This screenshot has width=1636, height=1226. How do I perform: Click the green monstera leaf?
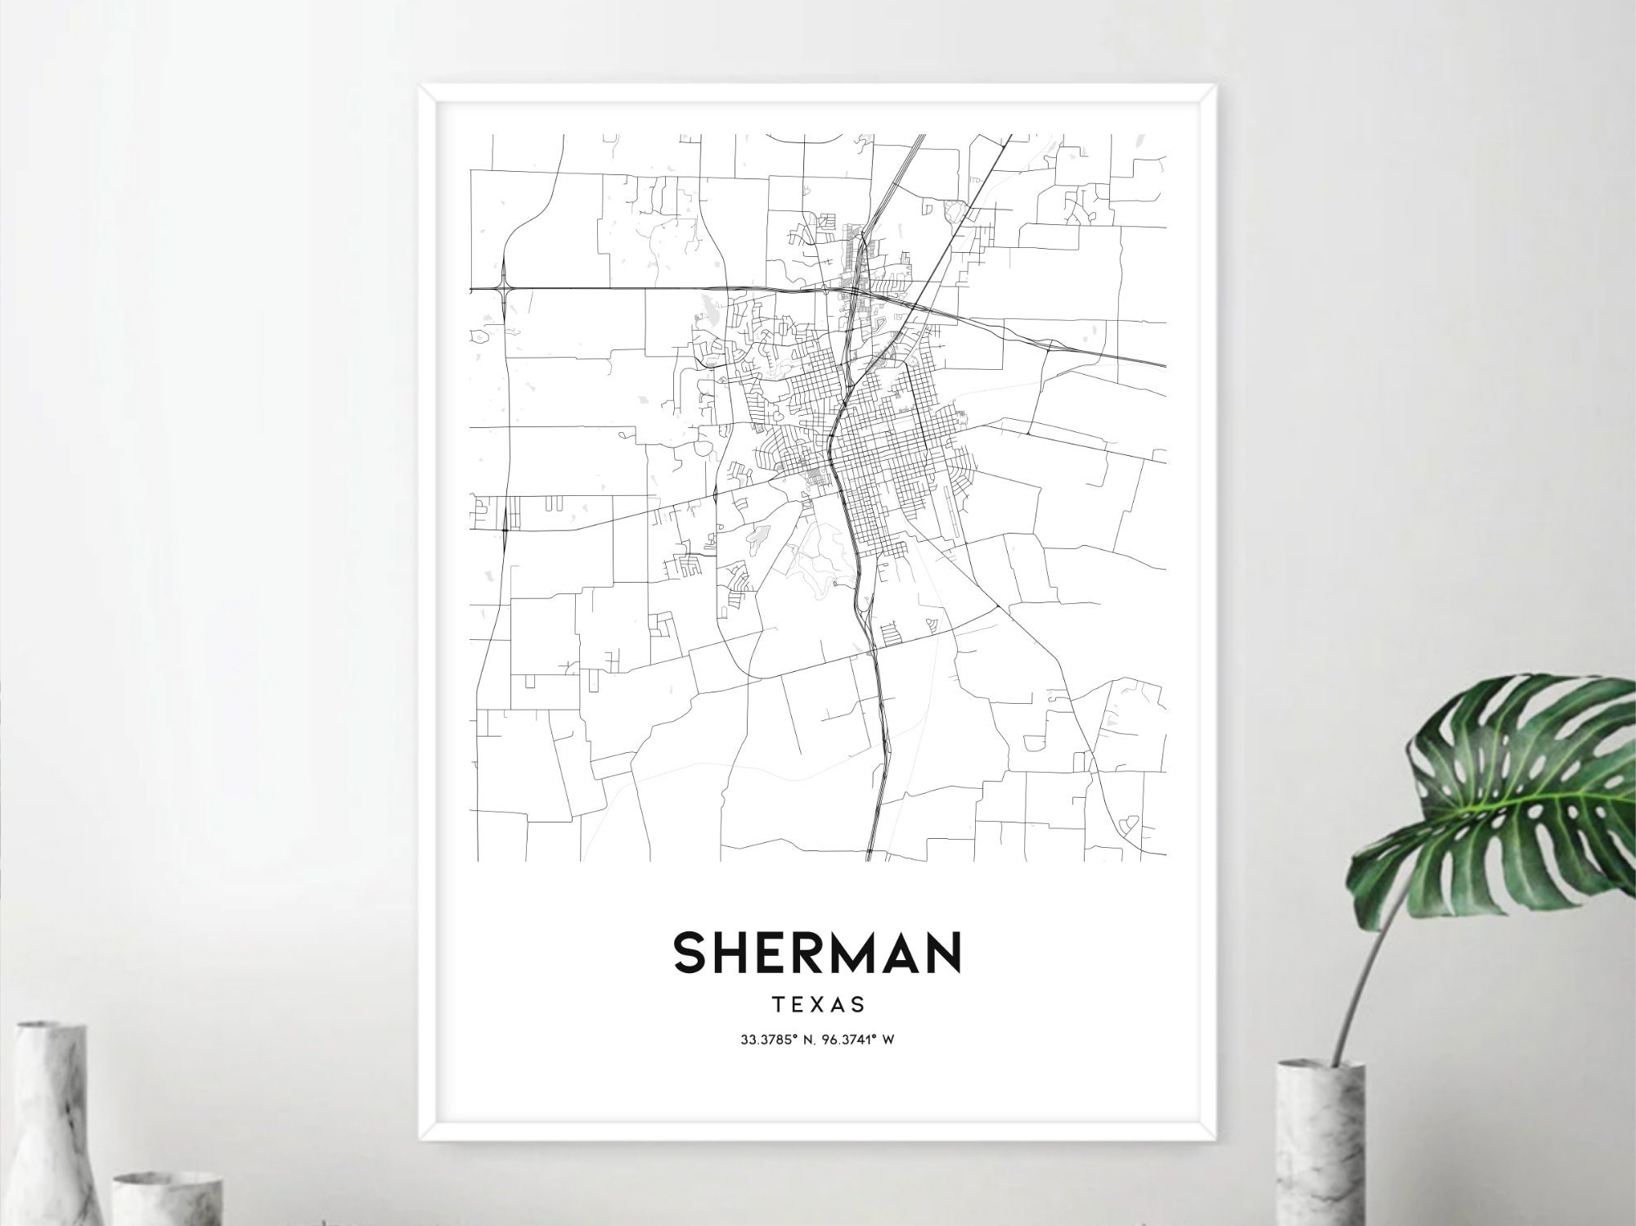pyautogui.click(x=1513, y=786)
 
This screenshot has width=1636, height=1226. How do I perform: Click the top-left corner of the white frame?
pyautogui.click(x=422, y=87)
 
